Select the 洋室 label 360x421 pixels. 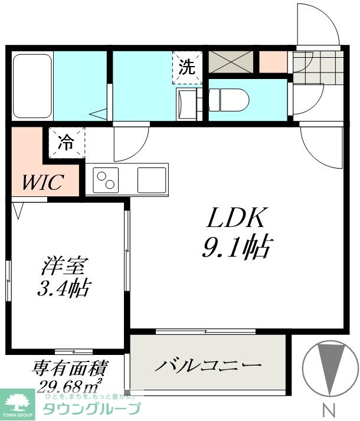point(58,267)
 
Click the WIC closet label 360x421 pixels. point(42,182)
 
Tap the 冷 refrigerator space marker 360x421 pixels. point(66,142)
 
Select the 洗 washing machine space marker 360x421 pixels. point(187,67)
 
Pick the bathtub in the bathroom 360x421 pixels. point(32,87)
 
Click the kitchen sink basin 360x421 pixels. point(152,180)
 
